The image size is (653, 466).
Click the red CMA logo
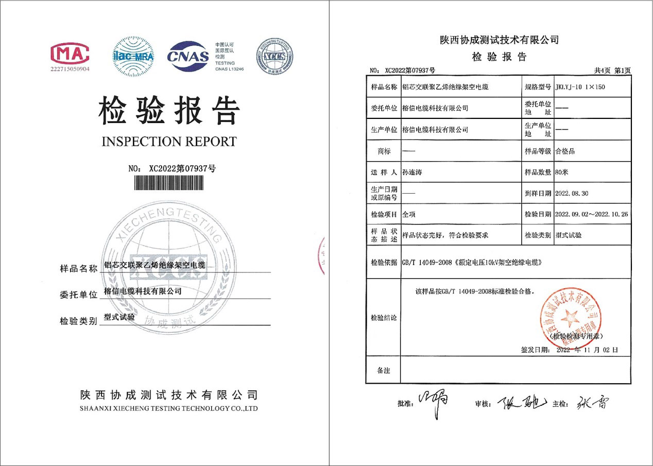pos(70,53)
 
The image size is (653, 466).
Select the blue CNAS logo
pos(188,56)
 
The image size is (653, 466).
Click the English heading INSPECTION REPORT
pos(169,142)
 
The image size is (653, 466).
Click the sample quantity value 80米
pos(561,172)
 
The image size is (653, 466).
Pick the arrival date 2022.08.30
pos(572,194)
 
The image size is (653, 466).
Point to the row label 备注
pos(383,370)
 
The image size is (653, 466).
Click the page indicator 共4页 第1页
pos(612,70)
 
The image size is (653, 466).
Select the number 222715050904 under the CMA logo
pos(70,68)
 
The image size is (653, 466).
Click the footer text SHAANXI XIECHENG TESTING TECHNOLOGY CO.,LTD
pos(169,408)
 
